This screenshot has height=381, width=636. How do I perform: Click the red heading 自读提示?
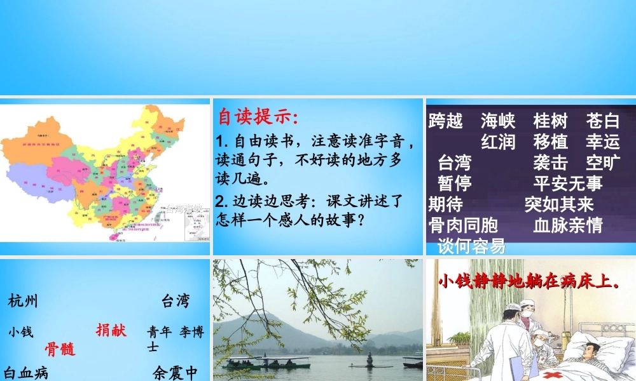257,117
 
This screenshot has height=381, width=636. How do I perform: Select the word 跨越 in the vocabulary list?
446,121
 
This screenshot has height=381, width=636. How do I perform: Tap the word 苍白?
603,121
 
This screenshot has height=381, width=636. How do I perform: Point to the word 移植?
551,142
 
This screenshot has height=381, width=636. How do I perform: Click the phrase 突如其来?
559,204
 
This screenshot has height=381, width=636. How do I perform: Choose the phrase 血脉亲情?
568,225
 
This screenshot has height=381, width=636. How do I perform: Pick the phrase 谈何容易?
471,246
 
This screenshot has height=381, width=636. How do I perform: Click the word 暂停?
455,184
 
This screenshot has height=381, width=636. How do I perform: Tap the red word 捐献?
111,330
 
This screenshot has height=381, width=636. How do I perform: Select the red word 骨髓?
60,349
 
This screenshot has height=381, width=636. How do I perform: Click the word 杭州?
24,301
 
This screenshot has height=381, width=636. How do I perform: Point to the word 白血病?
26,372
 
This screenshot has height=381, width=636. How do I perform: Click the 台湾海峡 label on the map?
184,208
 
